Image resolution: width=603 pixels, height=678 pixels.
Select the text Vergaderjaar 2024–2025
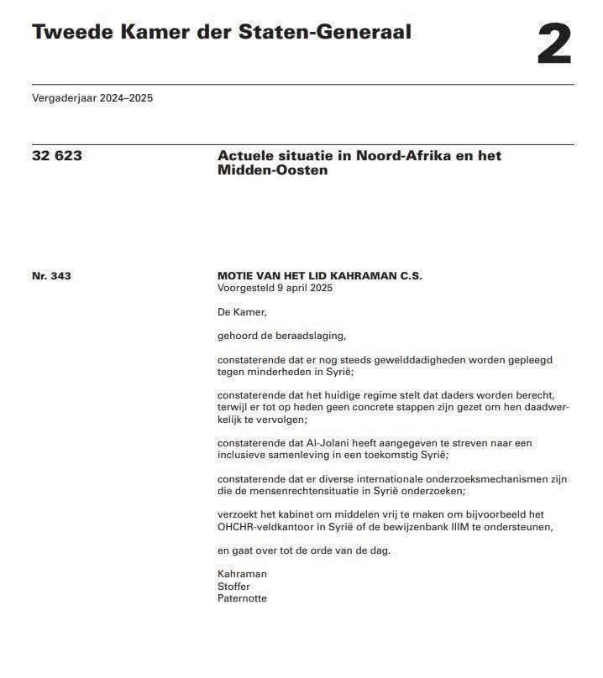pyautogui.click(x=92, y=98)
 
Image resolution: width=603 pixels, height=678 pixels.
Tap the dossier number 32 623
pyautogui.click(x=57, y=155)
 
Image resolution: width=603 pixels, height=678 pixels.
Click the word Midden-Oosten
pyautogui.click(x=272, y=170)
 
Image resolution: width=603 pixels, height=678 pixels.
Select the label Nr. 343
pyautogui.click(x=51, y=275)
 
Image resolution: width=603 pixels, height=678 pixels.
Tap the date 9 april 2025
pyautogui.click(x=301, y=288)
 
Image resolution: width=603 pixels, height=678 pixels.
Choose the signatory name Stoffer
pyautogui.click(x=233, y=587)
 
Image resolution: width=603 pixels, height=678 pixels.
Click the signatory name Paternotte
pyautogui.click(x=242, y=598)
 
